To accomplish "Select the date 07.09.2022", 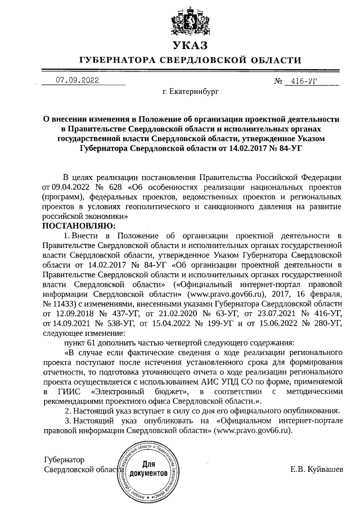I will click(x=77, y=80).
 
